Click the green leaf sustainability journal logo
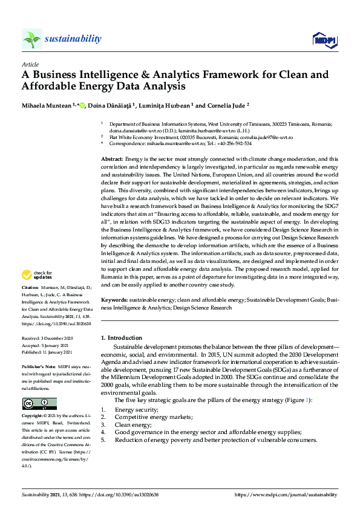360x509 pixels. pyautogui.click(x=32, y=39)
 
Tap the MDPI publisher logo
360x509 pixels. pyautogui.click(x=324, y=40)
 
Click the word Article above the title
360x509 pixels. pyautogui.click(x=30, y=64)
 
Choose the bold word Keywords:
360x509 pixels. pyautogui.click(x=114, y=300)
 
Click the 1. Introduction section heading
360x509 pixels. pyautogui.click(x=122, y=338)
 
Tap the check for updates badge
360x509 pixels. pyautogui.click(x=38, y=275)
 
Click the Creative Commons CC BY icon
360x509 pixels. pyautogui.click(x=39, y=404)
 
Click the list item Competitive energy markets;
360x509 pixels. pyautogui.click(x=154, y=417)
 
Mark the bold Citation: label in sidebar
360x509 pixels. pyautogui.click(x=31, y=287)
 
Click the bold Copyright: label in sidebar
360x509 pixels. pyautogui.click(x=33, y=417)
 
